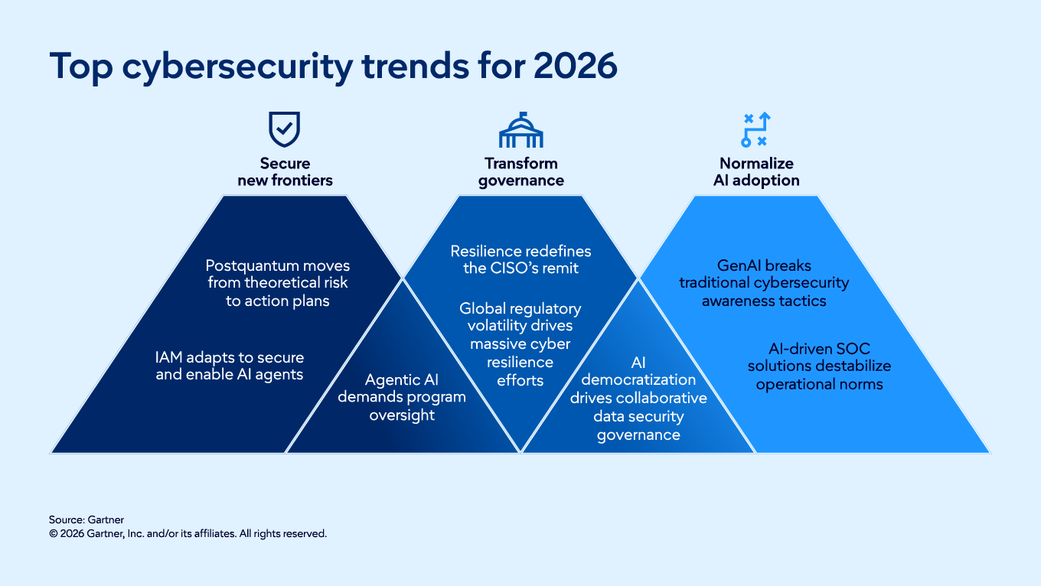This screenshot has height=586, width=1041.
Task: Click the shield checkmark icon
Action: tap(284, 129)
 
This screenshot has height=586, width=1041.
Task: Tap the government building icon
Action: tap(520, 130)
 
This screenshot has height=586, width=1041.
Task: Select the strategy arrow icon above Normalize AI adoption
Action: tap(755, 130)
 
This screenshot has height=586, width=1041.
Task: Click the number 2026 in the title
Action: tap(575, 67)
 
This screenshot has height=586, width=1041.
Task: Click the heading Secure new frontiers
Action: tap(285, 172)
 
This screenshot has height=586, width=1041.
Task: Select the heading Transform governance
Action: tap(520, 172)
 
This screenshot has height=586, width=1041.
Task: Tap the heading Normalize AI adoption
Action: tap(756, 172)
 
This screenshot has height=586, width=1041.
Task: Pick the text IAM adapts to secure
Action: tap(230, 357)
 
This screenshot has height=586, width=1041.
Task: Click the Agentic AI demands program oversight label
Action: tap(402, 397)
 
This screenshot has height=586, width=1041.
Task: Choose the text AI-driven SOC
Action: tap(819, 349)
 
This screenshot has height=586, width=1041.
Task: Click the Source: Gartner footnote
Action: tap(86, 519)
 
